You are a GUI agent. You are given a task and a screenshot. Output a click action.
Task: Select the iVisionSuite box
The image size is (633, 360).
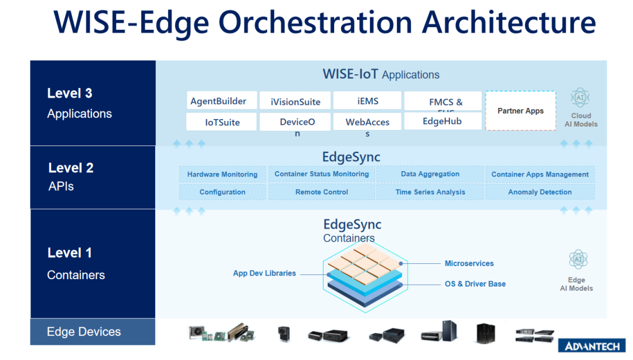point(295,101)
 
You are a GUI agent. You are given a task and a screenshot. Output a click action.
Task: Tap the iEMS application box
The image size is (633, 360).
point(367,101)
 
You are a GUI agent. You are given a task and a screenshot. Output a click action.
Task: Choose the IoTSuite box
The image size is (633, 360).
point(222,122)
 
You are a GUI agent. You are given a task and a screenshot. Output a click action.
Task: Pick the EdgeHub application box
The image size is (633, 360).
point(443,121)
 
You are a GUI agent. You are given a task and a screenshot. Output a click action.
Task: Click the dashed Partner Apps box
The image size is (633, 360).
point(520,111)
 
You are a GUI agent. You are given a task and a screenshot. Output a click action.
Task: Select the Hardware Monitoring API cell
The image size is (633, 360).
point(222,174)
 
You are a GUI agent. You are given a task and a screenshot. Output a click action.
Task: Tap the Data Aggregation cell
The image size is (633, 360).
point(430,174)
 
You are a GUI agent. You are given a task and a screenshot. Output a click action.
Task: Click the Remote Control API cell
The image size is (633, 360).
point(321,192)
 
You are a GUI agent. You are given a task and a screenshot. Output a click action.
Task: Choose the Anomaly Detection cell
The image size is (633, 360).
point(540,192)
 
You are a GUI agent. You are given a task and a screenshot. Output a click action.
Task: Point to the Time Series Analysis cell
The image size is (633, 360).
point(430,192)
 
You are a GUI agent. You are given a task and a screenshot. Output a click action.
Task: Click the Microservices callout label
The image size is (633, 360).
point(469,263)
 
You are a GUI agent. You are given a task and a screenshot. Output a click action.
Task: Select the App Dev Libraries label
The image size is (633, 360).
point(264,273)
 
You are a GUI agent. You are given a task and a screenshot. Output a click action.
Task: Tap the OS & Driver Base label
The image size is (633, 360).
point(475,284)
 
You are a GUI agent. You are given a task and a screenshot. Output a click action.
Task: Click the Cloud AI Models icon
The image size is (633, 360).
point(580,98)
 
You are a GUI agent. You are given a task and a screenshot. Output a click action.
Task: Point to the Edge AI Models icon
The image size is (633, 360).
point(578,260)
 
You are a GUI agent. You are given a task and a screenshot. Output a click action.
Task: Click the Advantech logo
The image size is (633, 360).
point(591,347)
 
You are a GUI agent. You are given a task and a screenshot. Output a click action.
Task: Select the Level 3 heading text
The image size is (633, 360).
point(70,93)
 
